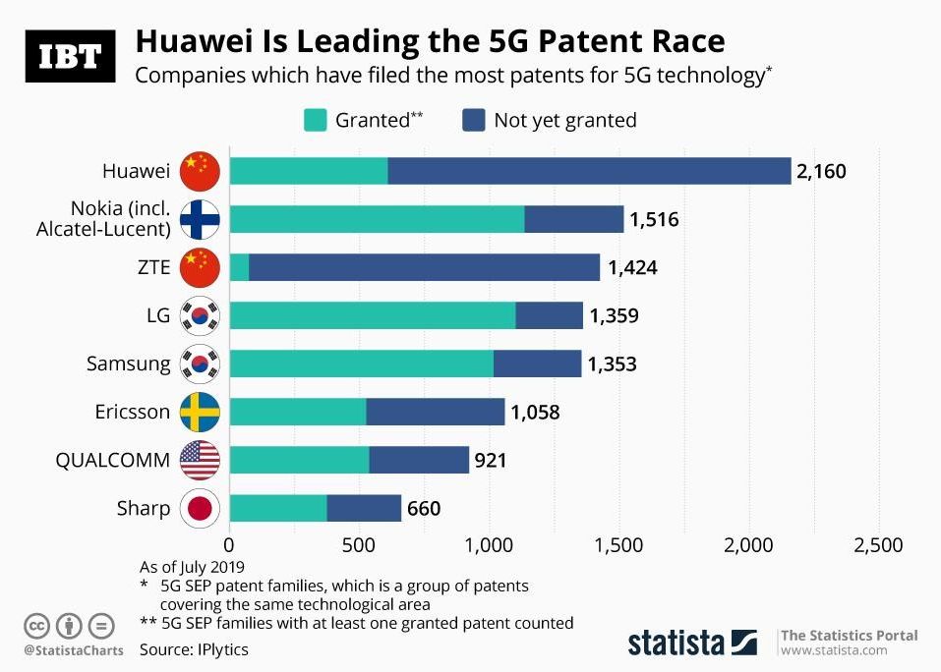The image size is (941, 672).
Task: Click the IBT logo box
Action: (70, 56)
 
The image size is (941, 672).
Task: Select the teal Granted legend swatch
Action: (314, 120)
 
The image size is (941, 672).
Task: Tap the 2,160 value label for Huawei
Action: (821, 171)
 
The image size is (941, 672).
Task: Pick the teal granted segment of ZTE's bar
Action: (239, 267)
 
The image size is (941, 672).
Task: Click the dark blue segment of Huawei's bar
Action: (589, 171)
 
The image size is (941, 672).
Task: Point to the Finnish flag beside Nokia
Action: (201, 219)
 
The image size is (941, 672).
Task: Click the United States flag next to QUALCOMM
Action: (201, 460)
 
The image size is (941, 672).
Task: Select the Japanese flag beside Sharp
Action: (201, 508)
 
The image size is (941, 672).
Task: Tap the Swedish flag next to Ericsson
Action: (201, 413)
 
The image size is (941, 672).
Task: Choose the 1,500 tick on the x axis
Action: (618, 545)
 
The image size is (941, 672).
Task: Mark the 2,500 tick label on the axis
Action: (877, 545)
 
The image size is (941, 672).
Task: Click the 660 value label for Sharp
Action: (424, 508)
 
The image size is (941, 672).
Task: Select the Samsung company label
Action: (128, 364)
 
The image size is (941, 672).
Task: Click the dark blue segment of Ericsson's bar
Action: (435, 413)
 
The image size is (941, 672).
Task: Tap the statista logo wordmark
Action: (677, 644)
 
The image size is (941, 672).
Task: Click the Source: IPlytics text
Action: (194, 649)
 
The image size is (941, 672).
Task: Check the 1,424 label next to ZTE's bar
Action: (632, 267)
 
